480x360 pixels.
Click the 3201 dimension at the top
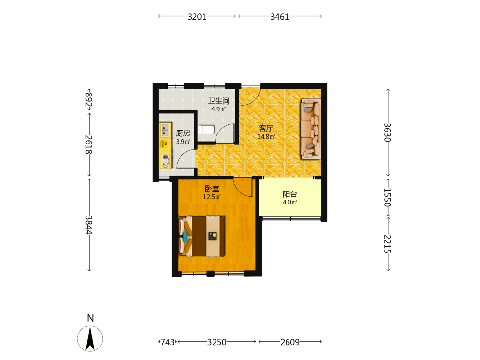click(x=197, y=17)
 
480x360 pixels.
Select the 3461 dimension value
click(x=279, y=17)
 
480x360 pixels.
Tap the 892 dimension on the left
click(x=89, y=99)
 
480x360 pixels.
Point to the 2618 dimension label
click(x=89, y=144)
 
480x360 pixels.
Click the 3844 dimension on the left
click(x=89, y=225)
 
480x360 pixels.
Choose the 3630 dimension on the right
click(x=387, y=132)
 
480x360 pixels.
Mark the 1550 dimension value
click(x=387, y=197)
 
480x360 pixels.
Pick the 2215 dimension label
click(x=387, y=244)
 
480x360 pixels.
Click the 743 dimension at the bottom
click(x=168, y=342)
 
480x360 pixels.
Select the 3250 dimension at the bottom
click(x=217, y=342)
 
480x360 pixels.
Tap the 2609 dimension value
click(x=290, y=342)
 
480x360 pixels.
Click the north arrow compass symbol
click(x=90, y=338)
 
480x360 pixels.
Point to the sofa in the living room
click(x=311, y=129)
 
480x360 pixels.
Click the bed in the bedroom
click(x=202, y=236)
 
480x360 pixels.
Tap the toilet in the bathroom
click(x=206, y=130)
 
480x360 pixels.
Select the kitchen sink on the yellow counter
click(x=165, y=130)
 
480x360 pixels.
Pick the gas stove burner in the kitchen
click(x=165, y=161)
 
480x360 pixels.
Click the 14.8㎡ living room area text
click(x=266, y=136)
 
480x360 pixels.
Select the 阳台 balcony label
click(x=289, y=194)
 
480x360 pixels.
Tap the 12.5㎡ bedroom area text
click(x=212, y=197)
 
